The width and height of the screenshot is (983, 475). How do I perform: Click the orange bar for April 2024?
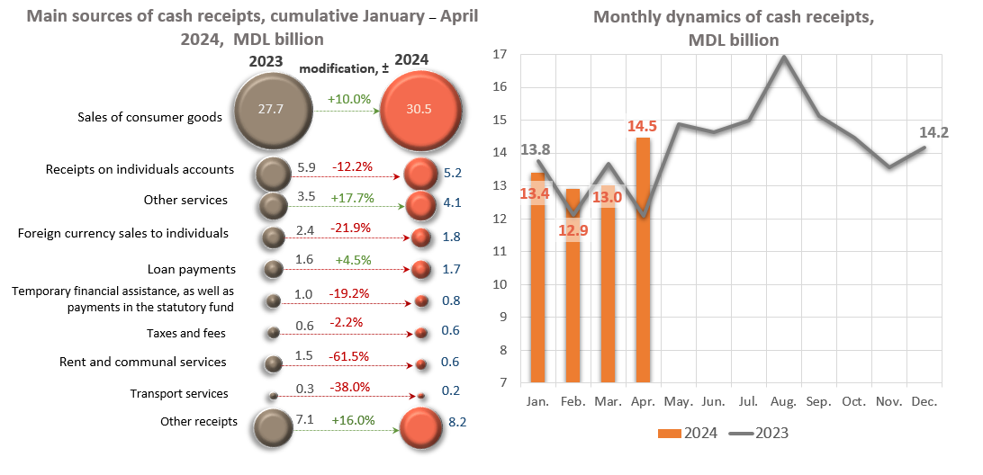click(643, 261)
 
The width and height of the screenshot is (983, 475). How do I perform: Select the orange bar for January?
click(537, 279)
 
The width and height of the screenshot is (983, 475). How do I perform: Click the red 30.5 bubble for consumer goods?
click(418, 110)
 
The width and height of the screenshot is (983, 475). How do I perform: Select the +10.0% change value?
click(349, 99)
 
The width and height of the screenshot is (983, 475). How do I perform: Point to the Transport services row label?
click(179, 393)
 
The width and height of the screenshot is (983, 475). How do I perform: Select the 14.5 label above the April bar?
click(642, 125)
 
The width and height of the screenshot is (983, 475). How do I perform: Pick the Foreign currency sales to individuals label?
click(123, 234)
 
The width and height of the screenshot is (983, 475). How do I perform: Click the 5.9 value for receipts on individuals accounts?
click(305, 166)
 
